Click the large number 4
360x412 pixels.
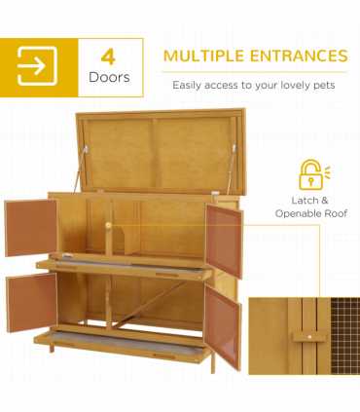click(x=108, y=56)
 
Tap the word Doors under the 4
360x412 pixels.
click(x=108, y=76)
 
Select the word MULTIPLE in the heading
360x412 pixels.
click(x=203, y=56)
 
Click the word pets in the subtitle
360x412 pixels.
click(x=322, y=84)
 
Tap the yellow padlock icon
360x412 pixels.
click(x=310, y=175)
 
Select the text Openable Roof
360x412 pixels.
click(x=311, y=212)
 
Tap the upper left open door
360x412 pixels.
click(x=29, y=228)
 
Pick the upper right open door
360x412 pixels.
click(x=223, y=240)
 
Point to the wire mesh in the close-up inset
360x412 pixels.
click(x=342, y=331)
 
